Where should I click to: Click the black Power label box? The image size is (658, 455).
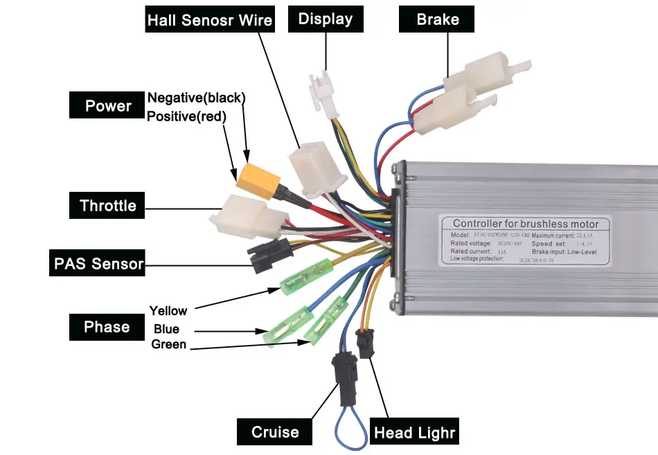pos(108,106)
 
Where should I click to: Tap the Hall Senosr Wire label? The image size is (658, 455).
pos(210,20)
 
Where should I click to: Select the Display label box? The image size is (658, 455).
pos(325,19)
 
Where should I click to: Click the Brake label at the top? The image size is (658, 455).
pos(437,19)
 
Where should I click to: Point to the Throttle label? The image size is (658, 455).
pos(107,206)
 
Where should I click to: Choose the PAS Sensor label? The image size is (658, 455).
pos(99,264)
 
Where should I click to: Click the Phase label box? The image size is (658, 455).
pos(107,327)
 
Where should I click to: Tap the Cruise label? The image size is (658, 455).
pos(275,432)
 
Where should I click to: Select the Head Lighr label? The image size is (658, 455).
pos(415,434)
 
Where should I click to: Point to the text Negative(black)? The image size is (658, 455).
pos(197,98)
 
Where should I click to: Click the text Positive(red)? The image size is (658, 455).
pos(187,116)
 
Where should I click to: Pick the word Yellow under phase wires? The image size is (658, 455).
pos(168,310)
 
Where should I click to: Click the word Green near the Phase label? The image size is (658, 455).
pos(169,344)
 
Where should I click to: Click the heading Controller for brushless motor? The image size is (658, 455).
pos(526,224)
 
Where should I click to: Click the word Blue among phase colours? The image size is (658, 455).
pos(166,329)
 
